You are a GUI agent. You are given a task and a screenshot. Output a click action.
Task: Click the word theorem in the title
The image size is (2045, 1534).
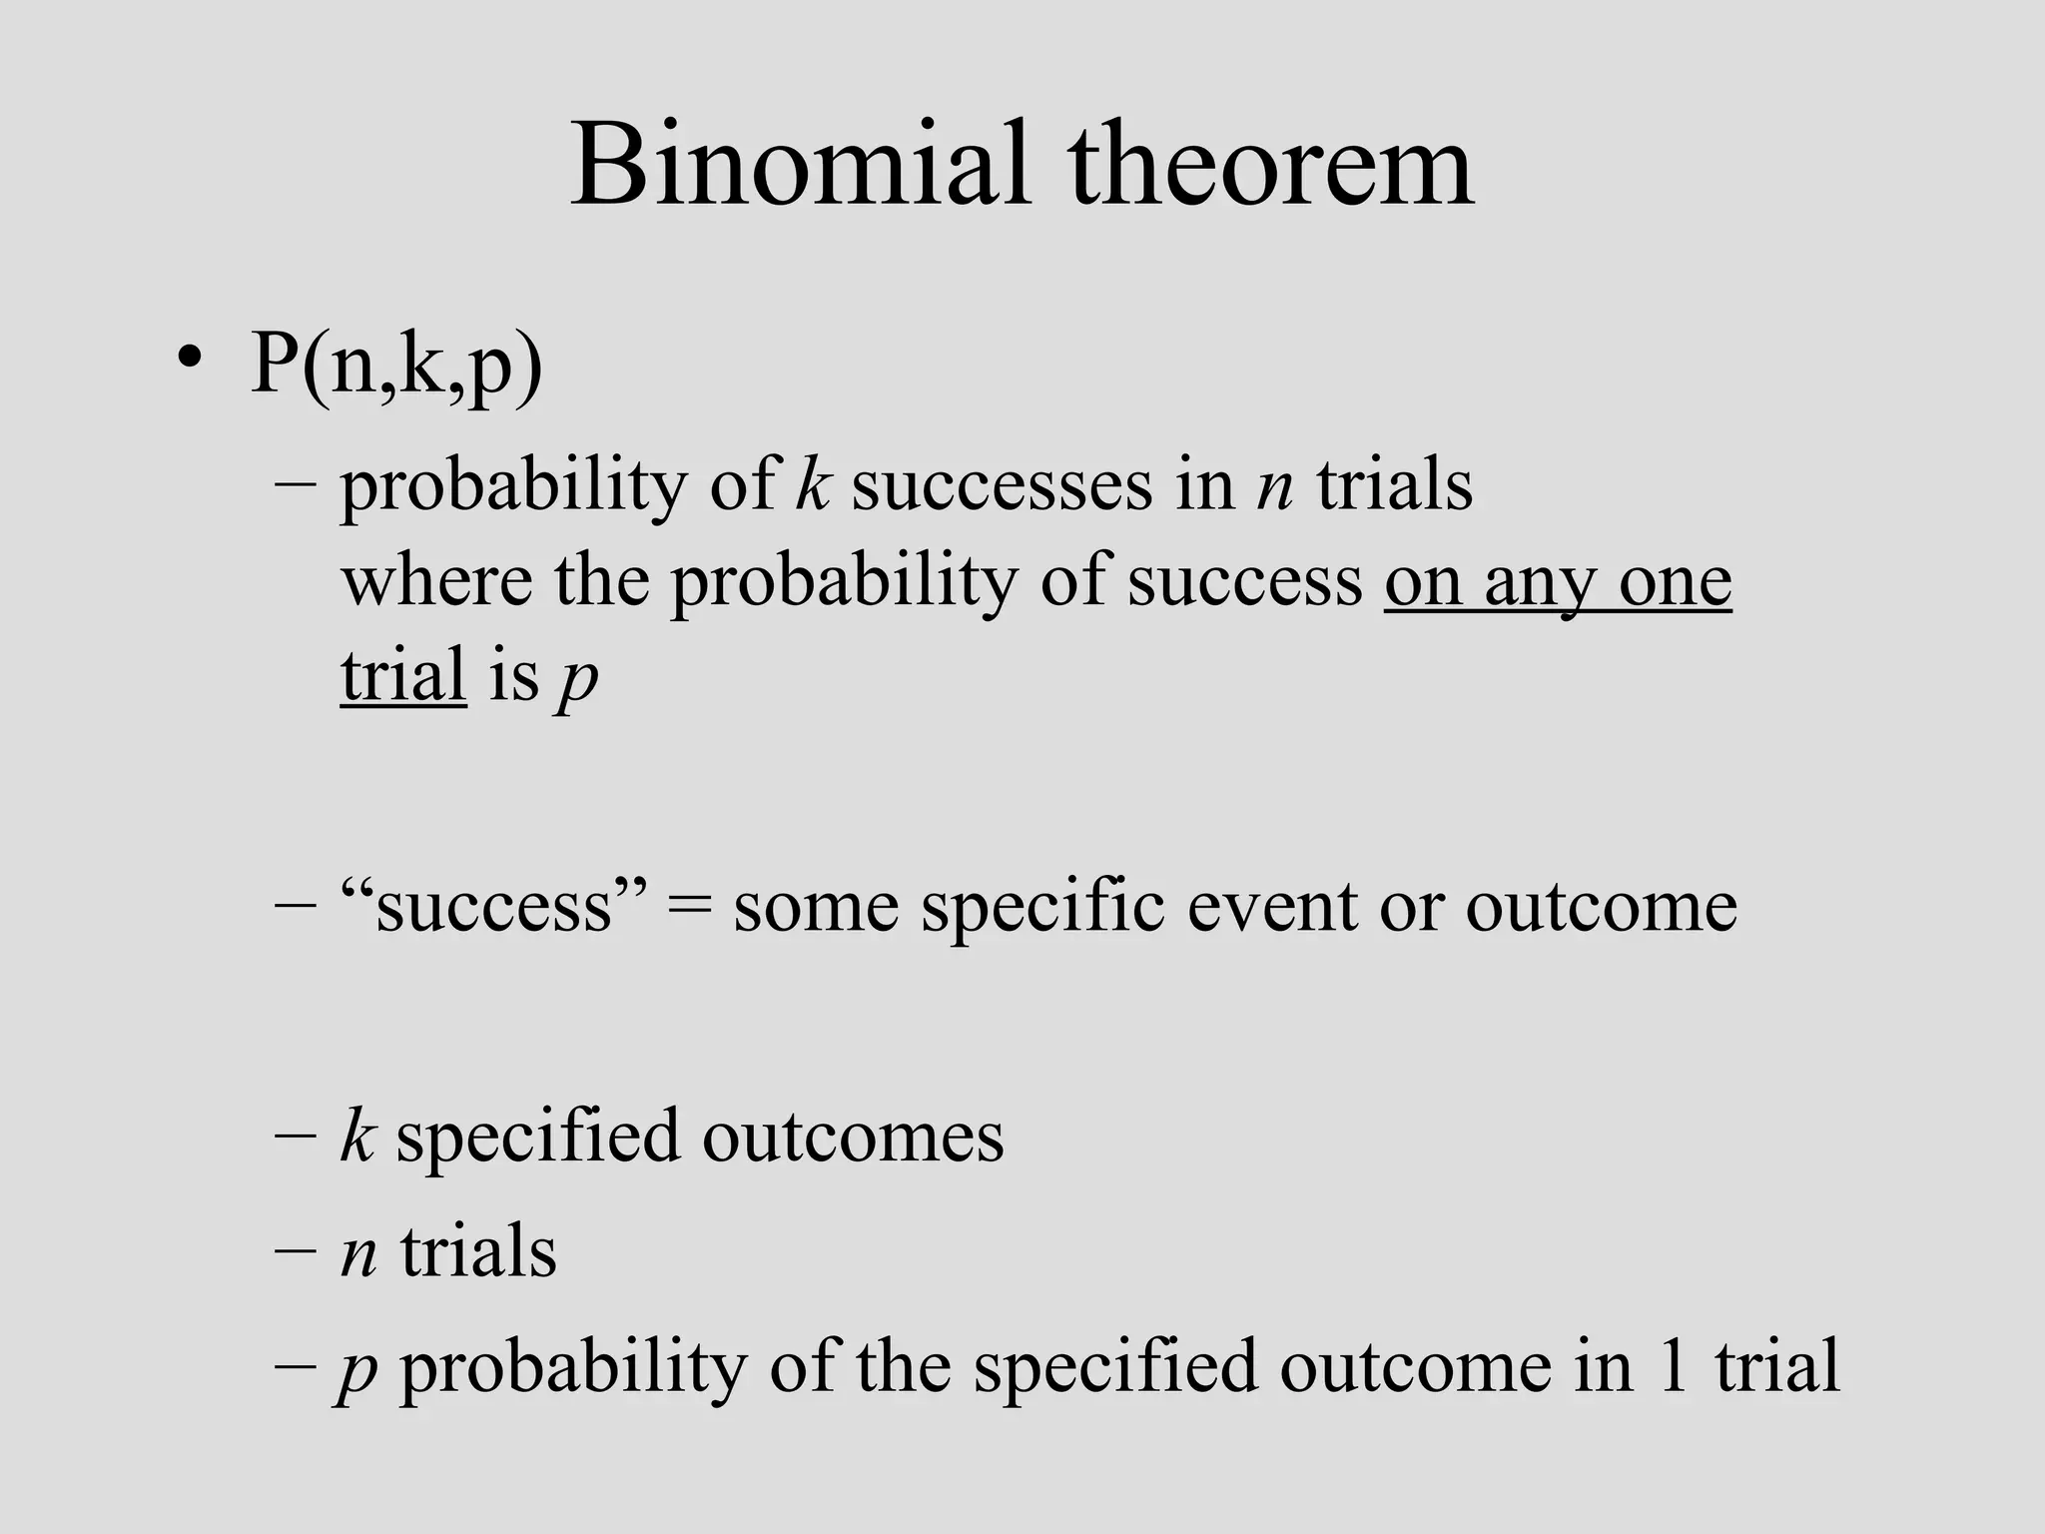click(1270, 165)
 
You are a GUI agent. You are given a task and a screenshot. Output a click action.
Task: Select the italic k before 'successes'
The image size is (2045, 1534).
click(813, 486)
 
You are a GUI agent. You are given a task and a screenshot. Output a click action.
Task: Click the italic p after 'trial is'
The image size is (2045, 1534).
click(578, 679)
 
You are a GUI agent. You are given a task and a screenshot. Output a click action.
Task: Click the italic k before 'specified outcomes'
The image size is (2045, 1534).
click(356, 1137)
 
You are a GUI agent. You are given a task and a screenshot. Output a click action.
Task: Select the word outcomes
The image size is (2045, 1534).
click(853, 1137)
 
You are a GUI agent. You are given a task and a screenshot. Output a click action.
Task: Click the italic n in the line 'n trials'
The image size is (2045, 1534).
click(358, 1254)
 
